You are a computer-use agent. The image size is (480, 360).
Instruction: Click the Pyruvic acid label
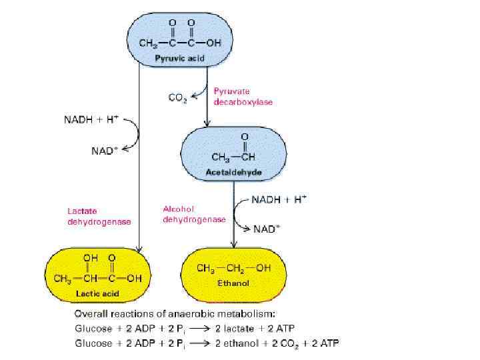tap(176, 59)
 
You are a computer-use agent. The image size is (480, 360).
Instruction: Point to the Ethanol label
tap(233, 283)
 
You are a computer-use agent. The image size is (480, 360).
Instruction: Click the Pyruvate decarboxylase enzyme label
tap(243, 97)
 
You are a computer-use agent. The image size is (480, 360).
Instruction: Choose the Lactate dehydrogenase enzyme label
tap(99, 217)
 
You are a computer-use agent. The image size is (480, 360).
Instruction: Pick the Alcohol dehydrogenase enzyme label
tap(195, 215)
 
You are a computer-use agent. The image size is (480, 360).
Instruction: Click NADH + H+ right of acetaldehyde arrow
tap(279, 199)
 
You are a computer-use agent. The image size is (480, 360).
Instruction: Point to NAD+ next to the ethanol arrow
tap(267, 229)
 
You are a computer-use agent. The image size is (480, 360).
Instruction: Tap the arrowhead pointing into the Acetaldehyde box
tap(208, 124)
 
